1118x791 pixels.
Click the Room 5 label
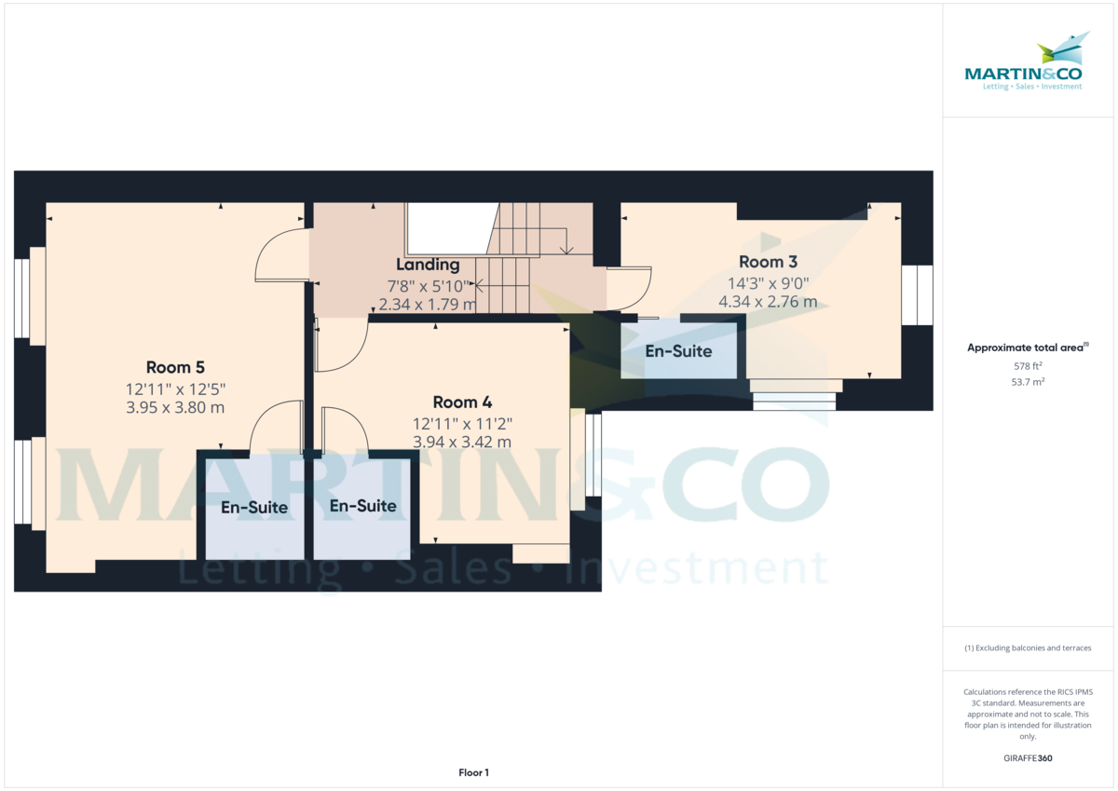tap(176, 366)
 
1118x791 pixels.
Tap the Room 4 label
tap(462, 402)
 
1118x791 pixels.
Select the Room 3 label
tap(768, 262)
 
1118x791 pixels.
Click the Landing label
tap(428, 265)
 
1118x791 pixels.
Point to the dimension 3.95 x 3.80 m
tap(176, 407)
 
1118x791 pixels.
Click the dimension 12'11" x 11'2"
tap(462, 423)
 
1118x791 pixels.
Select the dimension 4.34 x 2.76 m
tap(768, 301)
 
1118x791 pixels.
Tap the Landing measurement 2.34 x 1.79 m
tap(428, 304)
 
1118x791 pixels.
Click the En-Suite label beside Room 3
tap(678, 351)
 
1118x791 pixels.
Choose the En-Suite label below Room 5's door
tap(254, 508)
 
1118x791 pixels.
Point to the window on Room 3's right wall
tap(917, 295)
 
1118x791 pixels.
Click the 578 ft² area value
tap(1029, 366)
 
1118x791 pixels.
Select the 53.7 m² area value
tap(1029, 382)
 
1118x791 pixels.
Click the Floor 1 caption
tap(473, 772)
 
